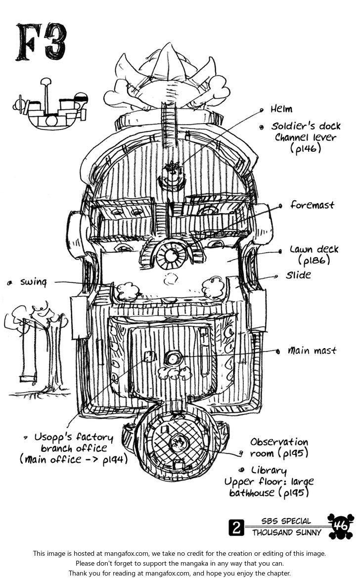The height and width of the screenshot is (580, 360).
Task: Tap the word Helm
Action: [281, 109]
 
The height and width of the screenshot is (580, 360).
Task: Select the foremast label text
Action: [312, 205]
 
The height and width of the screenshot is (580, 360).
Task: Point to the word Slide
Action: [298, 274]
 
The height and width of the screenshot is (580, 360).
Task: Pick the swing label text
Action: [33, 282]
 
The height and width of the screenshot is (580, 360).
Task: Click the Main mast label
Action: [313, 351]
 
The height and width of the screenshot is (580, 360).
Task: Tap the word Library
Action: [269, 470]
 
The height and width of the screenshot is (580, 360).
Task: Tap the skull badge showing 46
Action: [341, 526]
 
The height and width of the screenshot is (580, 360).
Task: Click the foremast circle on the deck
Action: [171, 256]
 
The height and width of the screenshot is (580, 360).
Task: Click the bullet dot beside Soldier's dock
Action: [261, 127]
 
